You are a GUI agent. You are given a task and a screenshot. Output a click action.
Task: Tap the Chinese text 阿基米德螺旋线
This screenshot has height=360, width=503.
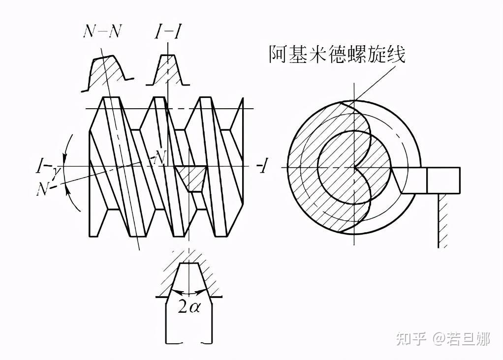click(x=337, y=54)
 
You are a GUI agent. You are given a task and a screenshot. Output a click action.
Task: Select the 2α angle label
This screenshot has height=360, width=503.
click(x=189, y=307)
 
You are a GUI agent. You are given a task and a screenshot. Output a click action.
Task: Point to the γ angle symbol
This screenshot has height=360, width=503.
click(x=57, y=173)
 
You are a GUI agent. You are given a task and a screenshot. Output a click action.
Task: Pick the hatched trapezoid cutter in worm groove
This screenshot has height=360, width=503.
click(x=190, y=178)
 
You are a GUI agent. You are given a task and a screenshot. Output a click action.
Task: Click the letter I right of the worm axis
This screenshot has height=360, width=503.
click(x=263, y=166)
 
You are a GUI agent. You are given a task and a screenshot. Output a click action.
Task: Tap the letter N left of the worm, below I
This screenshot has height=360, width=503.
click(x=43, y=189)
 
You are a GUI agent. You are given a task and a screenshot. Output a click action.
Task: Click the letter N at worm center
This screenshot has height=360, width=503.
click(x=160, y=157)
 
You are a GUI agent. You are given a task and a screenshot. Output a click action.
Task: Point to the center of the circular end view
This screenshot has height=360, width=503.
click(x=354, y=167)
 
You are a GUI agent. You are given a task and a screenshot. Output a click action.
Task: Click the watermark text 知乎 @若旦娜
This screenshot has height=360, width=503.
click(x=443, y=338)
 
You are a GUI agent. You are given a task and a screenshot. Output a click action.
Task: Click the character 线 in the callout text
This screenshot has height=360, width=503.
click(x=397, y=54)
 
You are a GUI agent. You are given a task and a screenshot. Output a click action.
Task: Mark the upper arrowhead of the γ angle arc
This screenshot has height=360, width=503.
click(x=65, y=158)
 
